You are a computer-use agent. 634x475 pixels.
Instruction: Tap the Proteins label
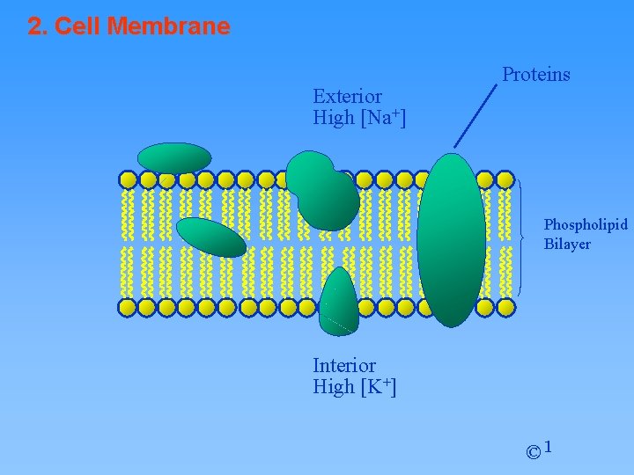(x=535, y=75)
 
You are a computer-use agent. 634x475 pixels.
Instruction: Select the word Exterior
(x=347, y=96)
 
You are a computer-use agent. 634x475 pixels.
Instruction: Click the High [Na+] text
(x=358, y=118)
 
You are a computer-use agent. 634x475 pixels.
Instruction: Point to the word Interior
(x=343, y=365)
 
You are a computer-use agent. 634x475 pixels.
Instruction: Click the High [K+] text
(x=354, y=386)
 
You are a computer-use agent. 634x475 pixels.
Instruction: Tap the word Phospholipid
(x=586, y=225)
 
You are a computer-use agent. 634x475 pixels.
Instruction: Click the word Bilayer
(x=567, y=244)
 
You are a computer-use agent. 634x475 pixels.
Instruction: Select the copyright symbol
(x=534, y=452)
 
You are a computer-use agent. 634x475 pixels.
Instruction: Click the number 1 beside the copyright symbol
(x=549, y=447)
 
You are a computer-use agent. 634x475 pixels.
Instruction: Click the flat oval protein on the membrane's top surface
(x=174, y=157)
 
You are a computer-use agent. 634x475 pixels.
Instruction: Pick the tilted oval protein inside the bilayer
(x=211, y=237)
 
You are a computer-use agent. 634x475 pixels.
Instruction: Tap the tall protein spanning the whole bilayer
(x=451, y=239)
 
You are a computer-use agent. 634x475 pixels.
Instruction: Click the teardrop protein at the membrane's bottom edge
(x=338, y=304)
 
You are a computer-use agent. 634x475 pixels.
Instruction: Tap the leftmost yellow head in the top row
(x=128, y=180)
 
